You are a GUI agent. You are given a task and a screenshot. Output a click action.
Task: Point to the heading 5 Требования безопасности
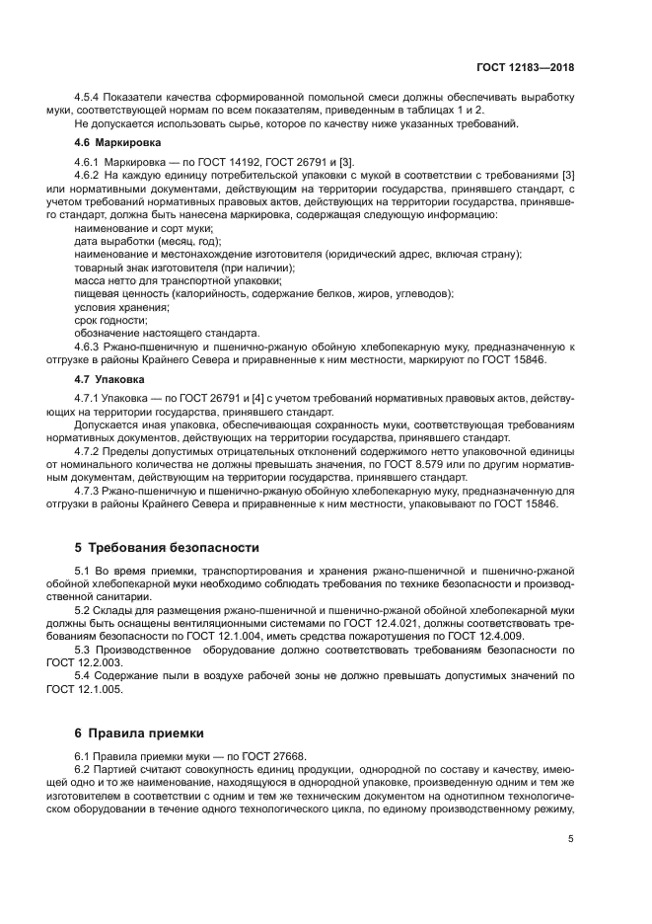tap(167, 546)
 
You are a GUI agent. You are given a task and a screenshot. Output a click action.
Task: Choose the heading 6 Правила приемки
tap(139, 733)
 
